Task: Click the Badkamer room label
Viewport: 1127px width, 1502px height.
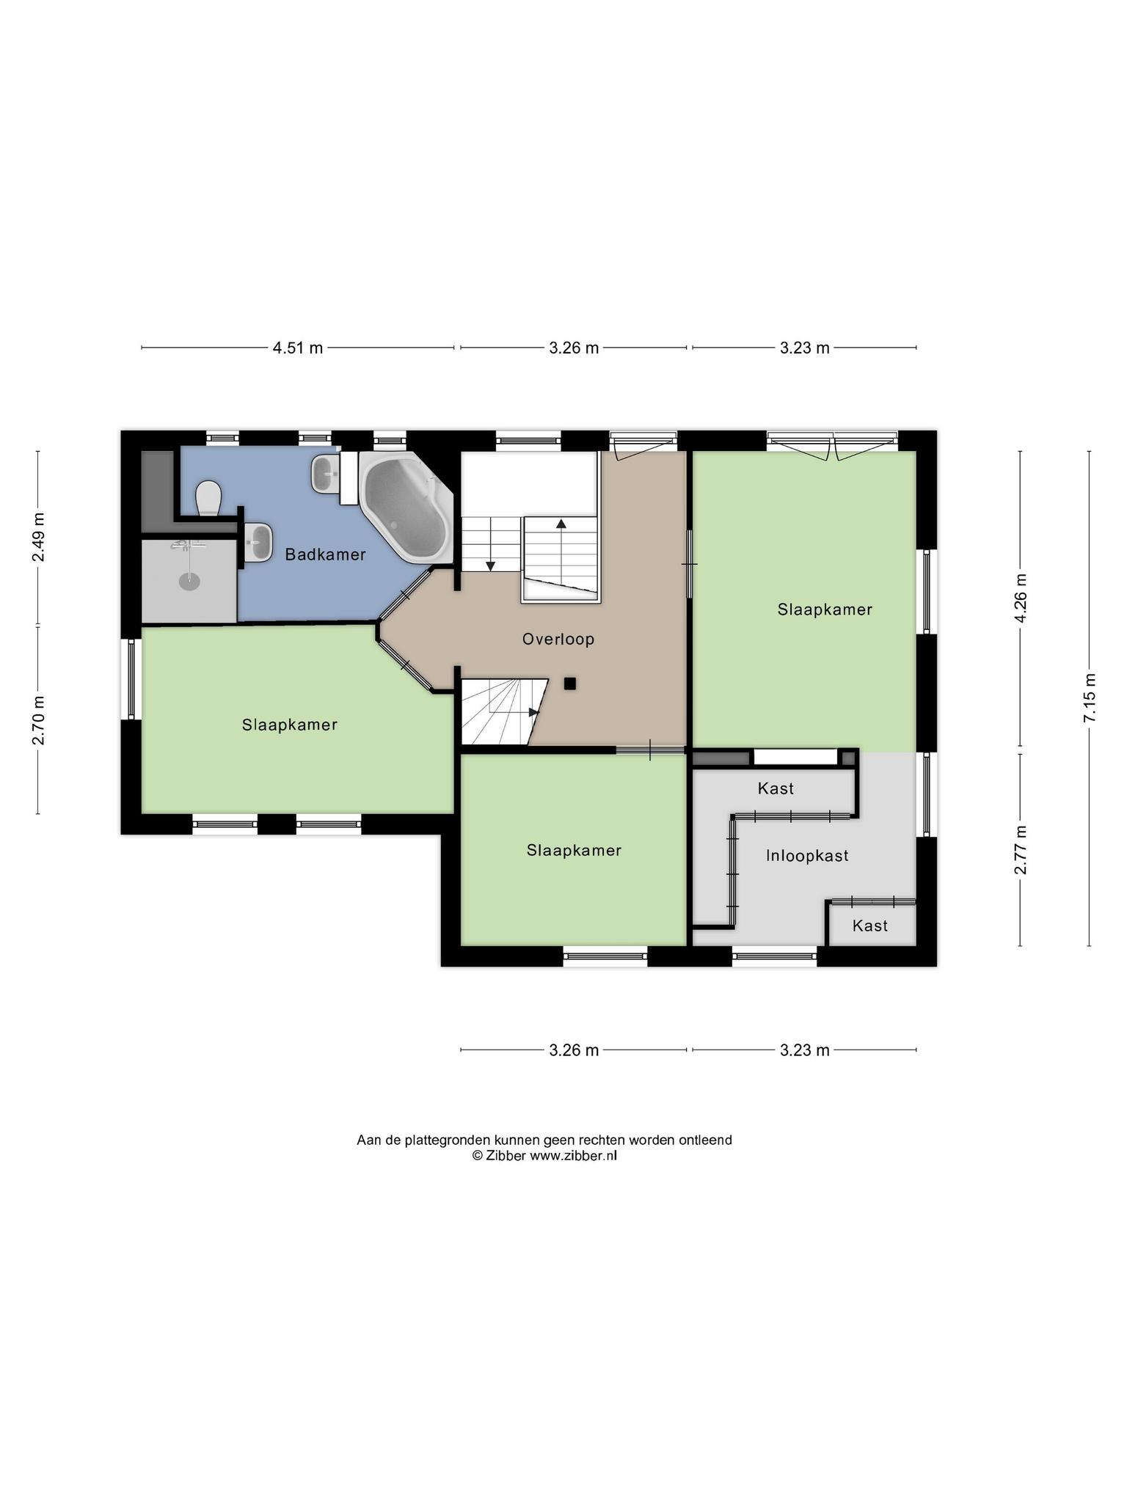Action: [x=325, y=554]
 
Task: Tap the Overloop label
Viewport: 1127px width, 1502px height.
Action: [x=558, y=639]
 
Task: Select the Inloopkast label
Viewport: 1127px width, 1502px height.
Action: [x=807, y=855]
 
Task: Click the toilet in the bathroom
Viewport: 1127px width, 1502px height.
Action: [x=209, y=498]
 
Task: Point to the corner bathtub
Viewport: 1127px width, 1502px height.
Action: [x=405, y=507]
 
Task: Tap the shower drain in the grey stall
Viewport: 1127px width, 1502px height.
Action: [x=189, y=581]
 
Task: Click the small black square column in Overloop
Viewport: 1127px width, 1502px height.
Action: [x=570, y=684]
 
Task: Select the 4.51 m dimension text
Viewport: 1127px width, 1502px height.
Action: [x=298, y=348]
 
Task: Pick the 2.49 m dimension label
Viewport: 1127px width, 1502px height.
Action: [x=38, y=537]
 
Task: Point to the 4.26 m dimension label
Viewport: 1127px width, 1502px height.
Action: [x=1020, y=598]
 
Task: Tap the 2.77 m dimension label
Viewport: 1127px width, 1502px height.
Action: [x=1020, y=849]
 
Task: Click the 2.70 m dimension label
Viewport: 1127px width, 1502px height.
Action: [x=38, y=719]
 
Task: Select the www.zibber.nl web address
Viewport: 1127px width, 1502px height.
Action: [x=573, y=1155]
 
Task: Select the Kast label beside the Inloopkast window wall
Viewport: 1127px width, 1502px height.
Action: [x=870, y=926]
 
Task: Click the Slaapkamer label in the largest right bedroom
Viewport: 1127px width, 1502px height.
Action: [x=825, y=609]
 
